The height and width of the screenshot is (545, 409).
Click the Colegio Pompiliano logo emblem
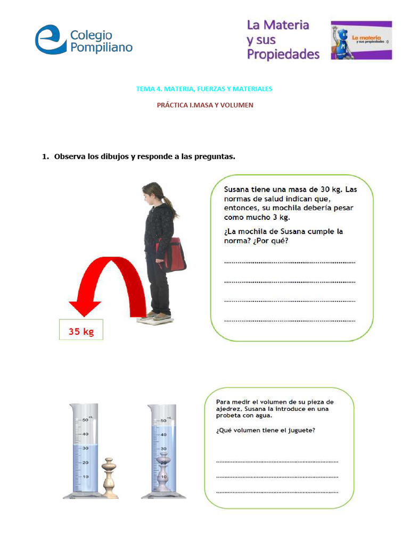[50, 39]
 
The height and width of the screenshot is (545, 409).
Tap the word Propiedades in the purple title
[283, 54]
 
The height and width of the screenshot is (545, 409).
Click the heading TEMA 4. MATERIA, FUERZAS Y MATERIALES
[204, 89]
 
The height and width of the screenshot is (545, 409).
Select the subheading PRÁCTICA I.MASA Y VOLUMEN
[204, 105]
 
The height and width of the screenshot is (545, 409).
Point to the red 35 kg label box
[81, 331]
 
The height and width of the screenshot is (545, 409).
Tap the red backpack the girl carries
[173, 255]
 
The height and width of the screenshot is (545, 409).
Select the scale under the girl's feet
[155, 319]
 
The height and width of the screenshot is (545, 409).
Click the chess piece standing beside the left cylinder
[110, 477]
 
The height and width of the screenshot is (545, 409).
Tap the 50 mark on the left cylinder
[85, 420]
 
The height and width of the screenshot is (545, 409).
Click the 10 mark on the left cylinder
[85, 476]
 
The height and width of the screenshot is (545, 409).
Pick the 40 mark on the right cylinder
[163, 435]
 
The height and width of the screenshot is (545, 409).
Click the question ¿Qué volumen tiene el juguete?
[265, 431]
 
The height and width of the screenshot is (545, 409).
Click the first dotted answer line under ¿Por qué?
[290, 262]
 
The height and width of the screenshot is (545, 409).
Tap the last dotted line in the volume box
[277, 492]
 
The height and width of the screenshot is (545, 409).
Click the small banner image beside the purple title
[361, 40]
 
